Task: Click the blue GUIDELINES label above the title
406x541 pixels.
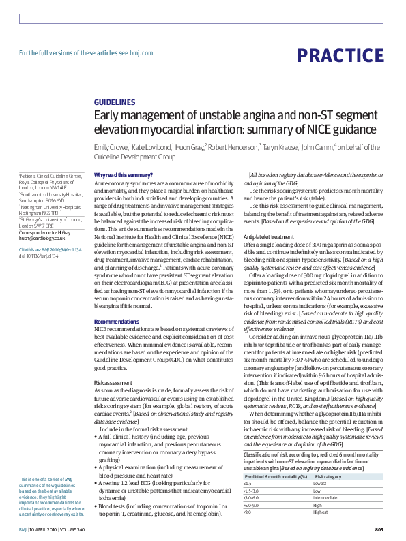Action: pos(116,102)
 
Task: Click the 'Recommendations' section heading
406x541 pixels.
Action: pos(116,321)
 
